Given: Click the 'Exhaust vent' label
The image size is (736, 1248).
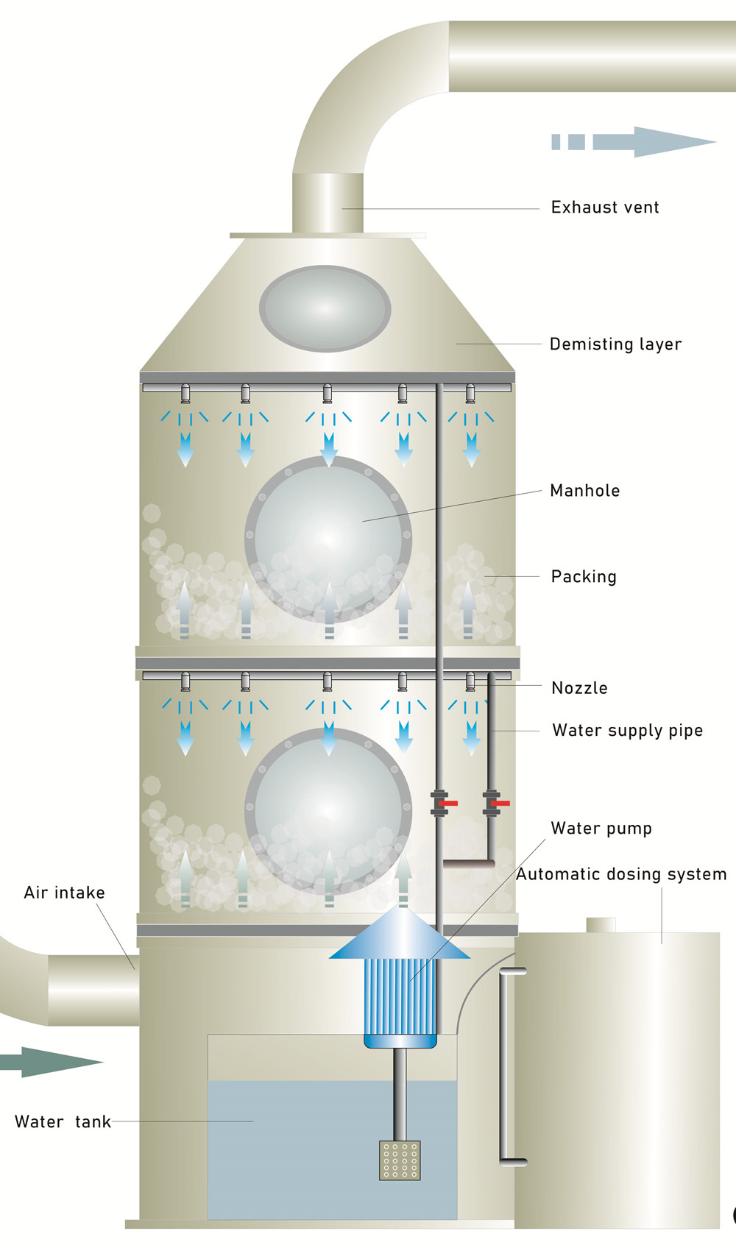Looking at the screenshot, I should point(604,208).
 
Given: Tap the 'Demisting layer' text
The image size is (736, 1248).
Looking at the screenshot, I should point(615,344).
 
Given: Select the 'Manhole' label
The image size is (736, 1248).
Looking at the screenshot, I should point(584,491).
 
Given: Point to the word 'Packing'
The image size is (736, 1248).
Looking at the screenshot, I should point(584,577).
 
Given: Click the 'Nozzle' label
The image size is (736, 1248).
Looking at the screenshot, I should point(579,688).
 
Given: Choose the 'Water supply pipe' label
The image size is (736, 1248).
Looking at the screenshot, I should point(627,731).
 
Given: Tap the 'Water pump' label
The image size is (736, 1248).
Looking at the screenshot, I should point(601,829).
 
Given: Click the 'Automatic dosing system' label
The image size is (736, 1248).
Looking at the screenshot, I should point(620,874).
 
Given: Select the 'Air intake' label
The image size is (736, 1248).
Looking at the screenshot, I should point(64,893).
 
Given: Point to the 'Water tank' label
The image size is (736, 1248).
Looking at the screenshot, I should point(63,1122).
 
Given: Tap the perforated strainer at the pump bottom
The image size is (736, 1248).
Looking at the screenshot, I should point(400,1160).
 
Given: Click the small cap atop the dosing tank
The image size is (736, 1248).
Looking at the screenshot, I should point(601,925).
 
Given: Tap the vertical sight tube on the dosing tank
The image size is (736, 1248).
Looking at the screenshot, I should point(503,1067).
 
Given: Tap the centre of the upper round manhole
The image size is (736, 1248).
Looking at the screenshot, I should point(328,539).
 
